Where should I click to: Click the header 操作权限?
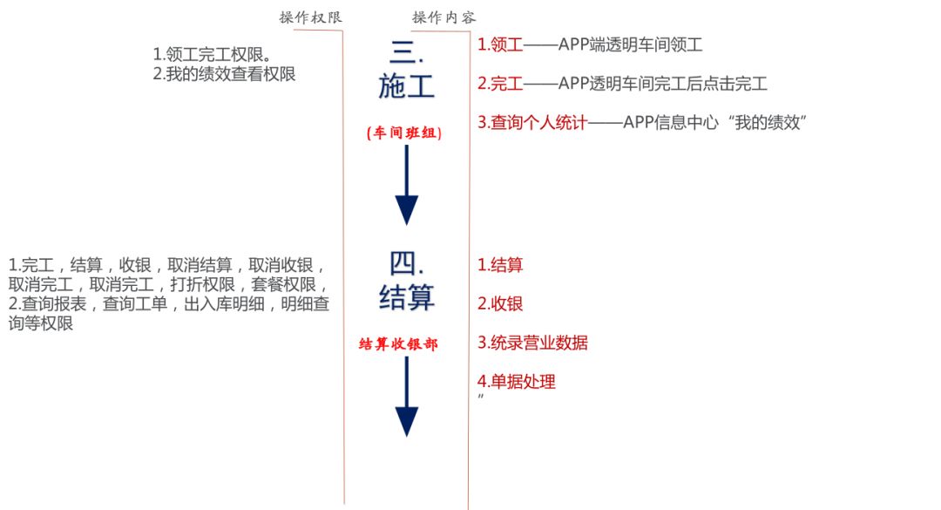(311, 17)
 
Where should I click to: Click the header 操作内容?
(443, 17)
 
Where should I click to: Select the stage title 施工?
(406, 86)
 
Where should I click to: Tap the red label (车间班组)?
(404, 133)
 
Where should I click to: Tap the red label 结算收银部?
(398, 344)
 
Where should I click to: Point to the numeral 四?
(406, 262)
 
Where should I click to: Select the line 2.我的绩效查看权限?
(224, 74)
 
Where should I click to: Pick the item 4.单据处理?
(517, 381)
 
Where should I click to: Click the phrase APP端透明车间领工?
(630, 44)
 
